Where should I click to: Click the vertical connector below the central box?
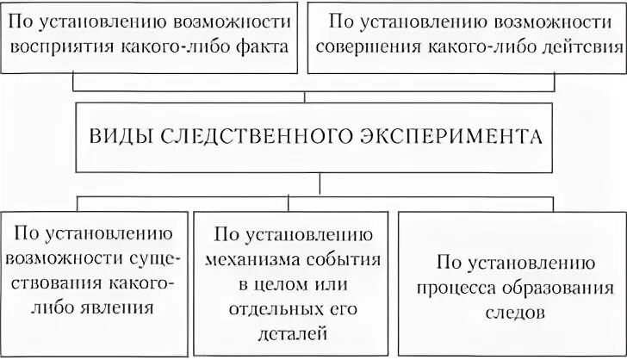coord(320,183)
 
